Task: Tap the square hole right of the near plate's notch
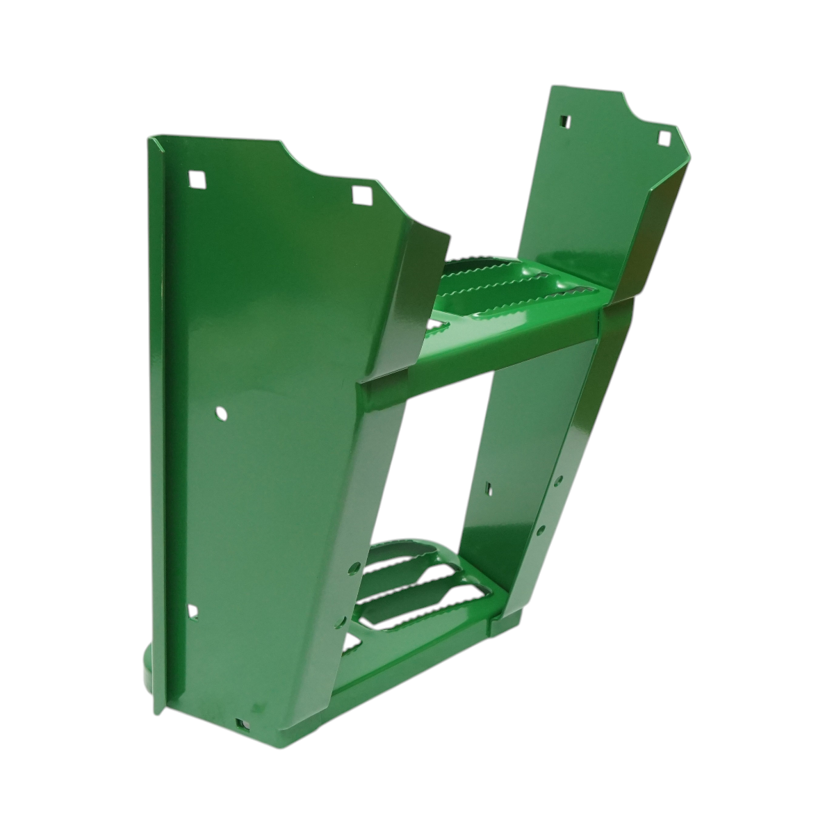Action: click(x=361, y=195)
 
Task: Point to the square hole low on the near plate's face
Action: click(x=193, y=611)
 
